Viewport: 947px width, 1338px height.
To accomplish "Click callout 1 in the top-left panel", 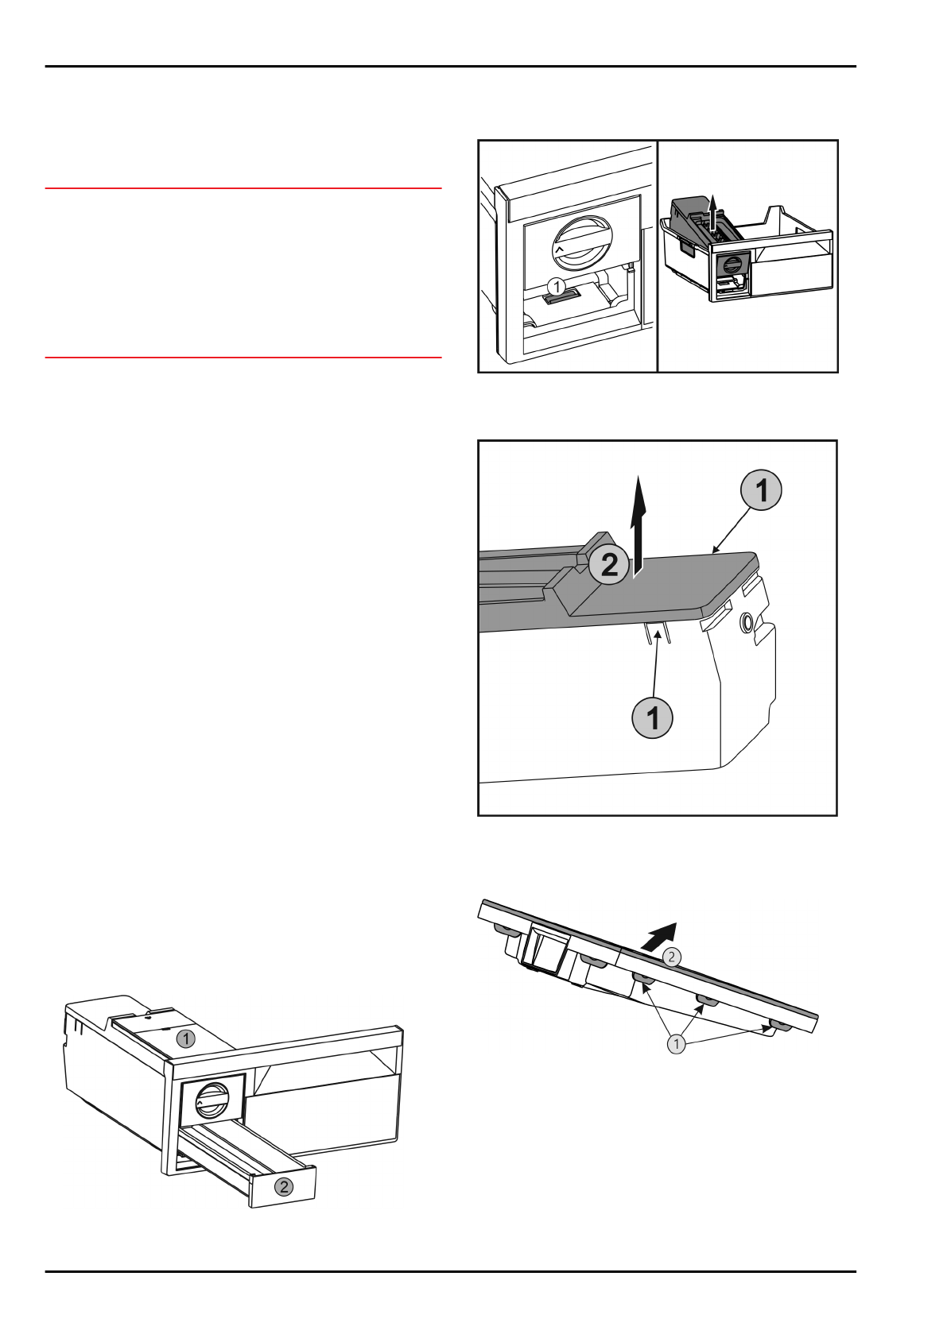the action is (556, 287).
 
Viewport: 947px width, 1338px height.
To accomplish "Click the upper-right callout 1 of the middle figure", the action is (761, 490).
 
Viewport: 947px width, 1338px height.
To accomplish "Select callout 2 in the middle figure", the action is (608, 564).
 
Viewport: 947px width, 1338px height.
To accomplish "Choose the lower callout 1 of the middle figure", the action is (652, 717).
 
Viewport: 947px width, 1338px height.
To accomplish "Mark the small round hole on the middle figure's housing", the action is (747, 625).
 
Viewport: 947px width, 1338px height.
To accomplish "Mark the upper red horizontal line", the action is (243, 188).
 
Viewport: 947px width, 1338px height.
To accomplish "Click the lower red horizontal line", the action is (243, 358).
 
